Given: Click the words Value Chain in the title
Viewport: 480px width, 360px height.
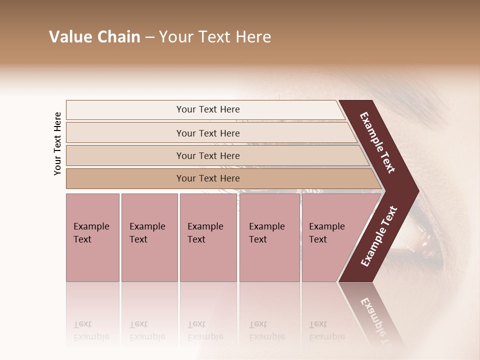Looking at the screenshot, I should [94, 37].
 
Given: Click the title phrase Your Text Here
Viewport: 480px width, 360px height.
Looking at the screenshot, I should [215, 37].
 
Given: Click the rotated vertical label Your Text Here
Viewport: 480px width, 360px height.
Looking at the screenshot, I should [57, 143].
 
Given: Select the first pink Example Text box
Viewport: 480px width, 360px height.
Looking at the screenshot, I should [92, 237].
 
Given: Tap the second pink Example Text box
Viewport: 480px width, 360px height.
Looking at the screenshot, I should [149, 237].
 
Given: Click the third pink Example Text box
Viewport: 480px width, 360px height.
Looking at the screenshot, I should [207, 237].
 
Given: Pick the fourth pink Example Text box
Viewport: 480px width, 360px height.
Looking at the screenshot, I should [269, 237].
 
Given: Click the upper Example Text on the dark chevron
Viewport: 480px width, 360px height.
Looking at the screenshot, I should [377, 142].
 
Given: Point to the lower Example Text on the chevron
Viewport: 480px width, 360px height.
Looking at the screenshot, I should [378, 236].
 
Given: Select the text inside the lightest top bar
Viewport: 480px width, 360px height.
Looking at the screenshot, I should [208, 109].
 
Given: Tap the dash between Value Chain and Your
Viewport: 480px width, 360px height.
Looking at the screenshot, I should [149, 37].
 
